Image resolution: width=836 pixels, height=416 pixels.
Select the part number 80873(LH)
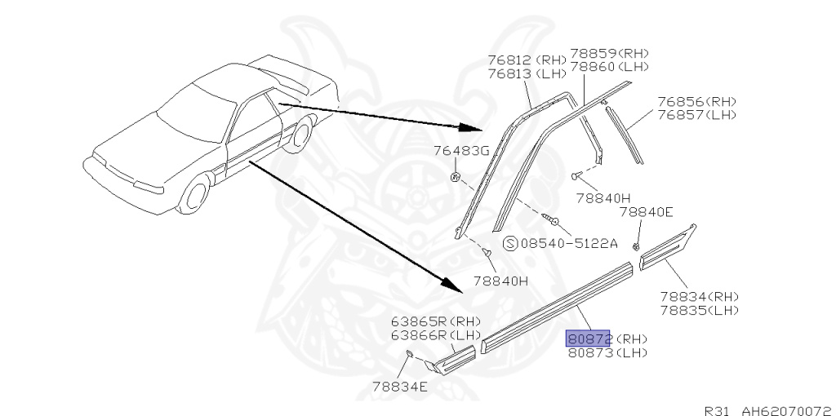tap(607, 352)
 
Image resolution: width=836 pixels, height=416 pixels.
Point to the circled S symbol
tap(510, 243)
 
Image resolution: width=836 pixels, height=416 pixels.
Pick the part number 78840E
tap(646, 212)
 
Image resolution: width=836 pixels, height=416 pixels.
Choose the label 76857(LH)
tap(697, 114)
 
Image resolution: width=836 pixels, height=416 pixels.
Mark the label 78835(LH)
tap(699, 309)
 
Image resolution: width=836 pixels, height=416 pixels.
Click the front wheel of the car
tap(196, 197)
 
